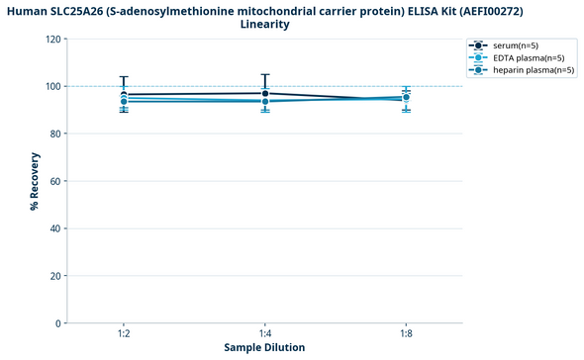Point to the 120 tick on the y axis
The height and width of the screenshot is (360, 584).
tap(53, 39)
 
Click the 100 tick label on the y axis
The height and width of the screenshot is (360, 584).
tap(53, 86)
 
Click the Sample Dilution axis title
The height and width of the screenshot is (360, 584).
tap(264, 348)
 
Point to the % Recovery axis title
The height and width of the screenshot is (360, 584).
tap(35, 181)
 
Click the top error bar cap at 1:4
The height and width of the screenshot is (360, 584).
tap(264, 74)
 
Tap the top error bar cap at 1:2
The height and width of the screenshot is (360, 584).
tap(123, 77)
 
